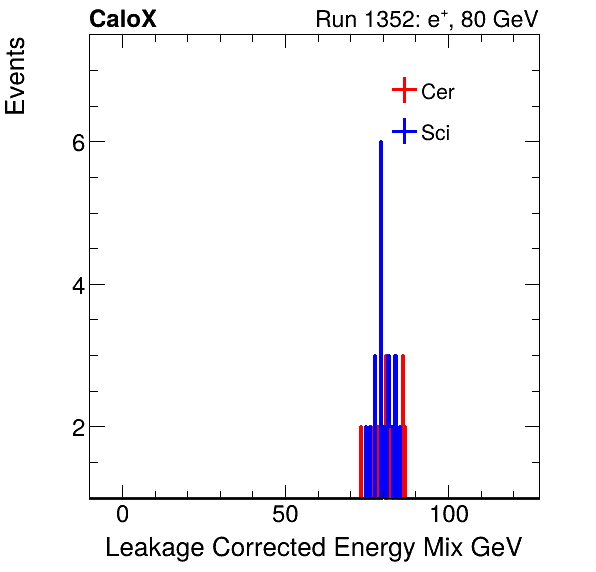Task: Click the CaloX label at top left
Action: (x=123, y=19)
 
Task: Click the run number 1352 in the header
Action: (x=408, y=19)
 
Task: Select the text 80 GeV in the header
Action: (x=500, y=19)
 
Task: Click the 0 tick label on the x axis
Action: (x=122, y=517)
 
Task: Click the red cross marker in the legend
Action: (x=403, y=90)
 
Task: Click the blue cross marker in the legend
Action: (x=403, y=131)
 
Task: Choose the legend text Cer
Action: (x=438, y=91)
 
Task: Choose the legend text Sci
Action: (x=435, y=132)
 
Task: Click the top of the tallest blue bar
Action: (x=381, y=143)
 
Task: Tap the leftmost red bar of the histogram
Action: (x=361, y=460)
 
